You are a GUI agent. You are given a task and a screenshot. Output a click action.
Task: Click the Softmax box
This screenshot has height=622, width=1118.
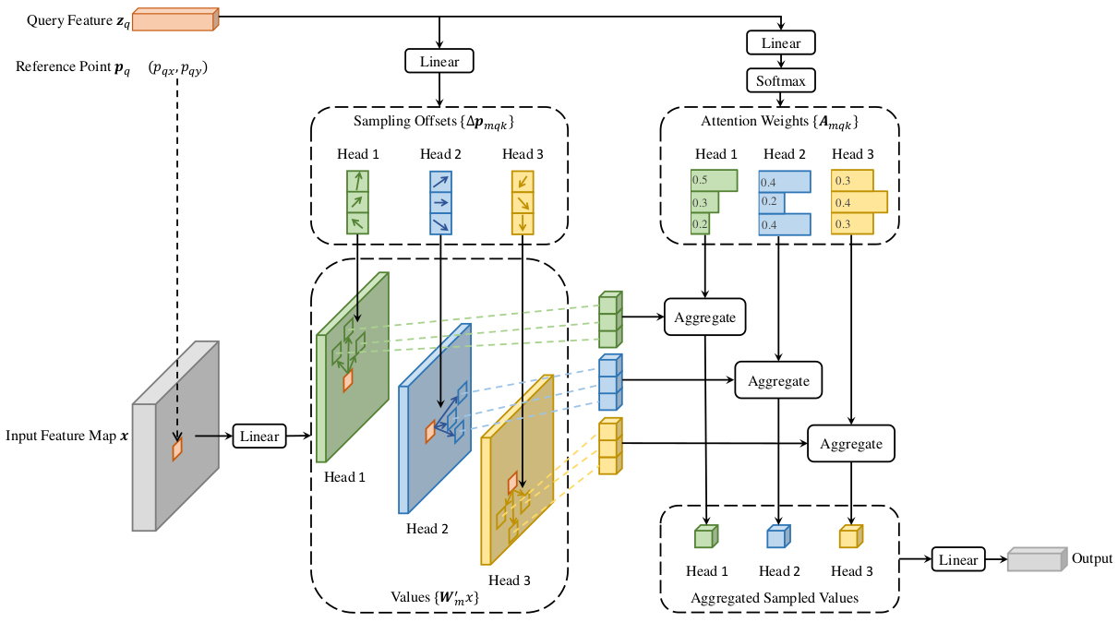coord(781,80)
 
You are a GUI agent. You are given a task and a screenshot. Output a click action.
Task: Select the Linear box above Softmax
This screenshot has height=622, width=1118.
coord(781,42)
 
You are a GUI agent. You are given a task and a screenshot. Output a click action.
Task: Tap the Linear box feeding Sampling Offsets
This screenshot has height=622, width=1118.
coord(439,61)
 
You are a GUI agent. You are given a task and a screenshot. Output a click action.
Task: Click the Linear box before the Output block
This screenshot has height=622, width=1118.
coord(958,559)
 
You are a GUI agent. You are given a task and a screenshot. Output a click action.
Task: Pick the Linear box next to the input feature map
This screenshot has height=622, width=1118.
coord(259,436)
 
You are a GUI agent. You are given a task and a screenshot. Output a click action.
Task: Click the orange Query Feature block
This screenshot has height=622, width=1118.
coord(175,19)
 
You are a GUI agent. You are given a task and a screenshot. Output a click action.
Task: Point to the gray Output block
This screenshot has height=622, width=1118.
coord(1037,559)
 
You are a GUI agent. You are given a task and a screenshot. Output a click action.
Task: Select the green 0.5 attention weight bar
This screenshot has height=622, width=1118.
coord(715,181)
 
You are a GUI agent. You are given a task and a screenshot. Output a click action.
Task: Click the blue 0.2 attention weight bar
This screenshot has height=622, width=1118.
coord(772,202)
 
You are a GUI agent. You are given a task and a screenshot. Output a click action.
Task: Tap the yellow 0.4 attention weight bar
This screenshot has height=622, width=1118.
coord(860,202)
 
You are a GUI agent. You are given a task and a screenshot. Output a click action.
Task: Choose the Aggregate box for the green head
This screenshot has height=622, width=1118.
coord(704,317)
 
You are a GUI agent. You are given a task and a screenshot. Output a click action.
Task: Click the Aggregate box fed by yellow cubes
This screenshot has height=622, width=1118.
coord(851,444)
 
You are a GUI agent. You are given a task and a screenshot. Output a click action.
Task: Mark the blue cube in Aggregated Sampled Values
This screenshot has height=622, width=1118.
coord(778,536)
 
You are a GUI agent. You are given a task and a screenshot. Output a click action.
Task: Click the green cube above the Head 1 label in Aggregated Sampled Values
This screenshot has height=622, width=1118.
coord(706,536)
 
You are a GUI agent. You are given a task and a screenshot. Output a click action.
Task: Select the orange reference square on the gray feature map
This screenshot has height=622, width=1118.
coord(177,449)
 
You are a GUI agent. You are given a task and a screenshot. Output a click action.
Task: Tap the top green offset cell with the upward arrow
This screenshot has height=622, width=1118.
coord(358,181)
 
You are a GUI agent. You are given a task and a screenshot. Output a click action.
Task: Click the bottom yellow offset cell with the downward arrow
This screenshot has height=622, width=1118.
coord(523,223)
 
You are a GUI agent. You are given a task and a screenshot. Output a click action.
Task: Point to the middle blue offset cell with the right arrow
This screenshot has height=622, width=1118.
coord(440,202)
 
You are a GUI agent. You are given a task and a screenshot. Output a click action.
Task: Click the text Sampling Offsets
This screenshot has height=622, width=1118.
coord(404,121)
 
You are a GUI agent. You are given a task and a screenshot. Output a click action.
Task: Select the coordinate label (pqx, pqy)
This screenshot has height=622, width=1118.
coord(177,67)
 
